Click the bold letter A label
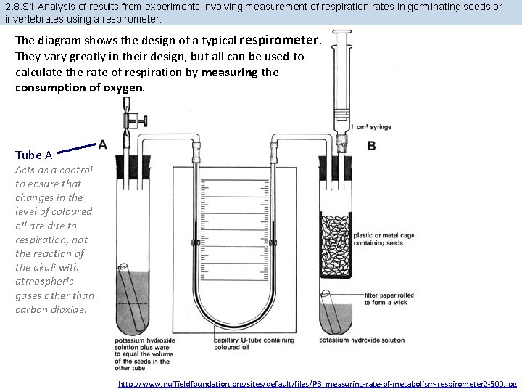pyautogui.click(x=103, y=144)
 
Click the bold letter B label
pyautogui.click(x=371, y=146)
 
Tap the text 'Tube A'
pyautogui.click(x=33, y=155)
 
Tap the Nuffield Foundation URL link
pyautogui.click(x=318, y=383)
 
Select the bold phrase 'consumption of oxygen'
pyautogui.click(x=80, y=88)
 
